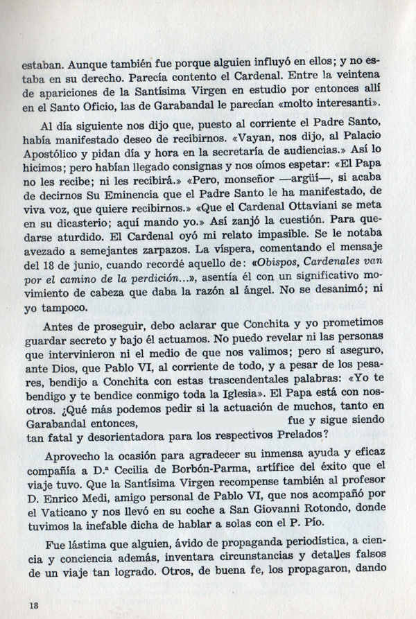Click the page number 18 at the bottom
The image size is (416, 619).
click(x=33, y=604)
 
